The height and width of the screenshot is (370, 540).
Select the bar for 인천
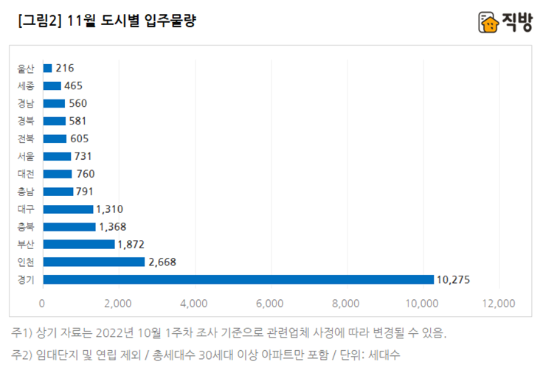click(94, 262)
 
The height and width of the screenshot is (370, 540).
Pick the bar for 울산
click(47, 69)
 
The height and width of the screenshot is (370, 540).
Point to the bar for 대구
click(68, 209)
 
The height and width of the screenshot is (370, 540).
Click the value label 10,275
click(453, 279)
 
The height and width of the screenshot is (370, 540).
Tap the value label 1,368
click(114, 227)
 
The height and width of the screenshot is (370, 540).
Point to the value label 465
click(73, 86)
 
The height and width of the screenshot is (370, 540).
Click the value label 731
click(83, 156)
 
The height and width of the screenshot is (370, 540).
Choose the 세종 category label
click(26, 86)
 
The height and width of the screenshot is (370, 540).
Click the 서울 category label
click(26, 156)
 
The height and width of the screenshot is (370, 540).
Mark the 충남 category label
click(26, 192)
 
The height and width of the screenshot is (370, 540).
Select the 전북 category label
click(26, 139)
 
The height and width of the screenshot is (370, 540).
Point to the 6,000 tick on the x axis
click(271, 303)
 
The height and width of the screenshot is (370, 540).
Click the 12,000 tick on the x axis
click(499, 303)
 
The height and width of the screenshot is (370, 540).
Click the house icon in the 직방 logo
click(488, 22)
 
